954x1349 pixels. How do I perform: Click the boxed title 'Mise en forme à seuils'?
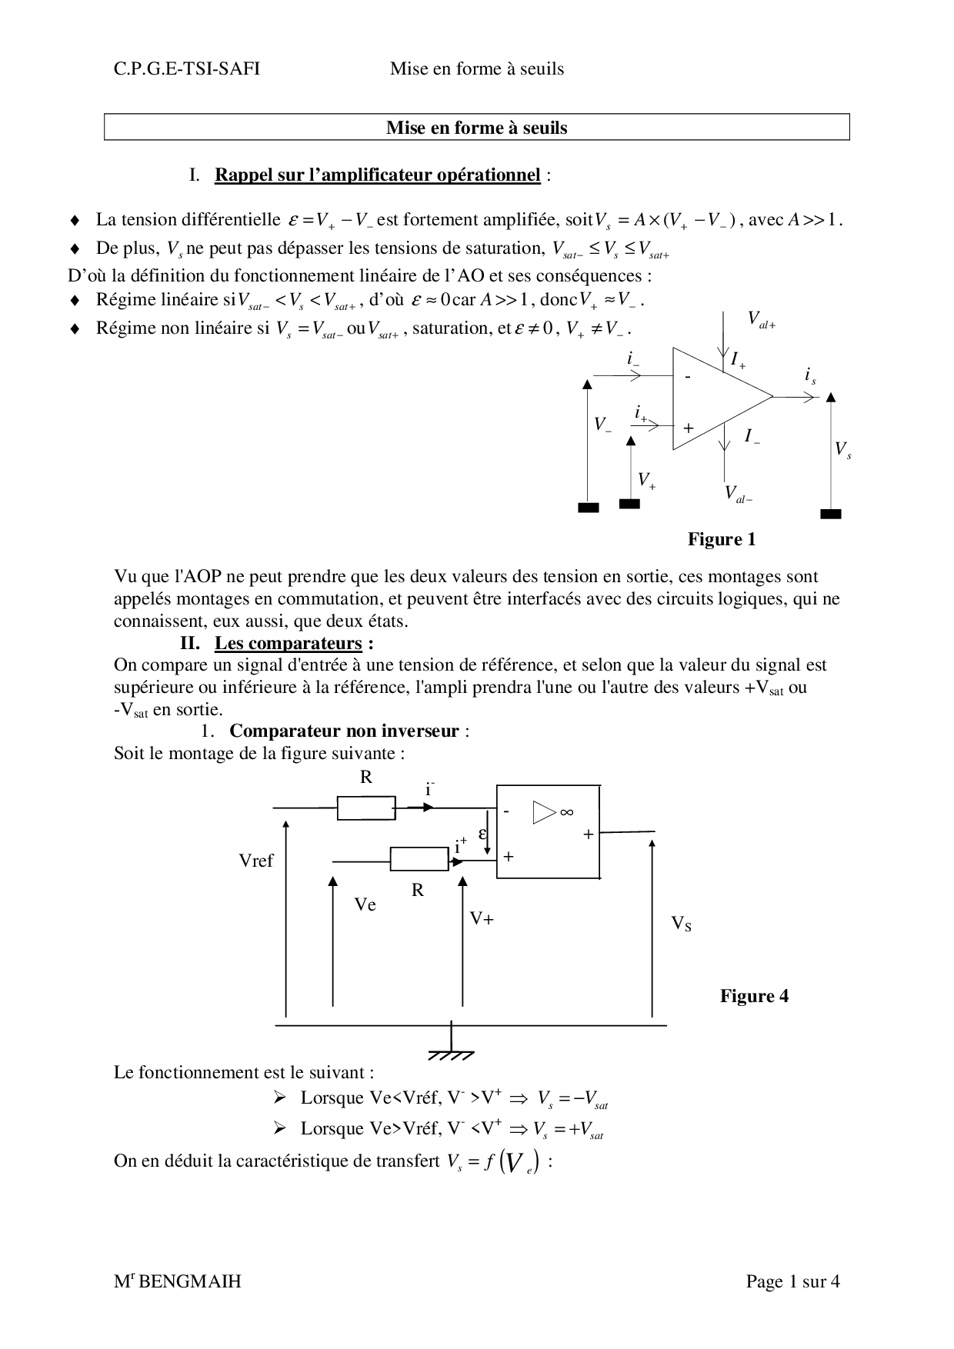click(476, 128)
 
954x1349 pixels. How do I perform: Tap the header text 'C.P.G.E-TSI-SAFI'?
click(187, 69)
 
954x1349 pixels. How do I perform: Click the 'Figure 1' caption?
click(722, 539)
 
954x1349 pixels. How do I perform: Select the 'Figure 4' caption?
click(754, 996)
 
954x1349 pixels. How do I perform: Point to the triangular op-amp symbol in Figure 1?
click(715, 398)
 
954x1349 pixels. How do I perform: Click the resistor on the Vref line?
click(366, 808)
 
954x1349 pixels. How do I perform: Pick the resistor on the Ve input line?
click(419, 858)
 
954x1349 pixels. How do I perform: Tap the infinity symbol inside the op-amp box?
click(567, 812)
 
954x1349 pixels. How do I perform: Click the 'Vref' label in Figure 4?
click(256, 861)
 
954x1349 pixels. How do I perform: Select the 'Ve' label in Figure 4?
click(365, 905)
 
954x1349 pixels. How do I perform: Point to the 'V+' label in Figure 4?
click(482, 918)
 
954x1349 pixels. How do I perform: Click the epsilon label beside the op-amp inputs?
click(483, 834)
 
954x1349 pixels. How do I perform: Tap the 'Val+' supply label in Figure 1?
click(762, 320)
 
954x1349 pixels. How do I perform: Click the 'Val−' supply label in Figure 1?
click(739, 494)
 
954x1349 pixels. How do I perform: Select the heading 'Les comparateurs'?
click(288, 643)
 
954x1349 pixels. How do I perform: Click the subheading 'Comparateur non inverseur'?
click(344, 731)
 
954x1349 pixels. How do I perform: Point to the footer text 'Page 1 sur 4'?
click(792, 1281)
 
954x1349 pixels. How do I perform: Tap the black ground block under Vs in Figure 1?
click(831, 514)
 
